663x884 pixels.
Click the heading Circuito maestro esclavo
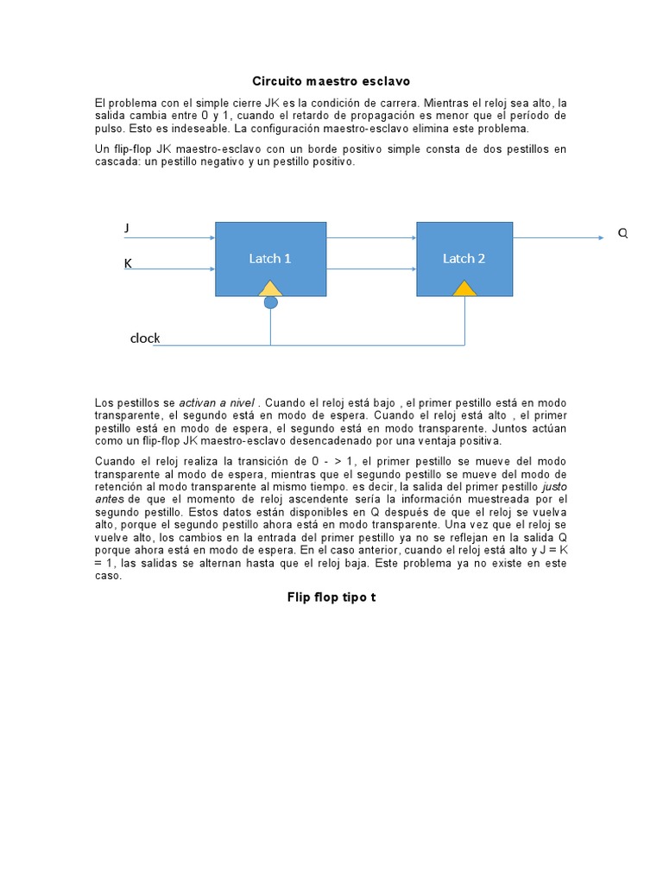click(x=331, y=81)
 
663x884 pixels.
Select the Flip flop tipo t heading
click(x=331, y=597)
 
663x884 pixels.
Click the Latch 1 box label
click(x=270, y=258)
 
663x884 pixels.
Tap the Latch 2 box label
click(x=464, y=258)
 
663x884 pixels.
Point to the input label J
click(x=127, y=228)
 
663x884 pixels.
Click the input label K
click(x=128, y=263)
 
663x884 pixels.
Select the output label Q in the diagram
click(x=622, y=234)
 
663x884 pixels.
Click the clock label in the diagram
click(x=145, y=338)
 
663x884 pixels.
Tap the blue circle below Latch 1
click(x=271, y=302)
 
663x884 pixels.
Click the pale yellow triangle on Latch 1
click(x=271, y=289)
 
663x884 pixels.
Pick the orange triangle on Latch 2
click(x=465, y=289)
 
